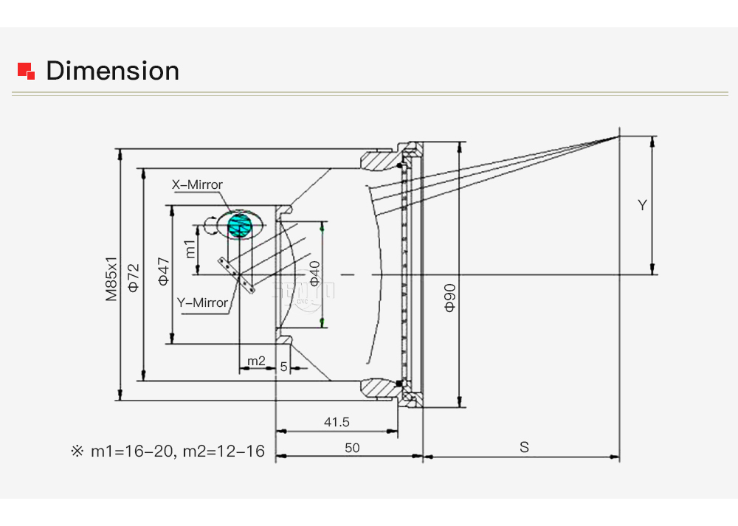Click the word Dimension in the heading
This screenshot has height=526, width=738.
pos(112,71)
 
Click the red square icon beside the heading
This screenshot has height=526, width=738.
pos(26,71)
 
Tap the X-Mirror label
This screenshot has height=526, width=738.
pos(197,184)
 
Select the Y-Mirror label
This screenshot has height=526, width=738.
pos(202,302)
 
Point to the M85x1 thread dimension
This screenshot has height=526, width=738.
pos(111,279)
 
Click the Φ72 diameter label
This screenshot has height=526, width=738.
pos(134,278)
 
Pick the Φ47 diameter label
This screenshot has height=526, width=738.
pos(163,271)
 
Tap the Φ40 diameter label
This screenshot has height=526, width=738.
pos(315,274)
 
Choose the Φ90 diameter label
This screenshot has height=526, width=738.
pos(450,298)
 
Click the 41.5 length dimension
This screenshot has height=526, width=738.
pos(337,422)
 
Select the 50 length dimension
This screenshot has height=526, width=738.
pos(352,448)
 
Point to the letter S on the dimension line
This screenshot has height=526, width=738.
pos(524,447)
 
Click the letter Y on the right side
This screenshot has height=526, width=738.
pos(642,205)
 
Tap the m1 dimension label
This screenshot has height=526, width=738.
pos(190,249)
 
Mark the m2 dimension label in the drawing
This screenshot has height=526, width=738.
pos(256,361)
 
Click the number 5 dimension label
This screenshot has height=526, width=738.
pos(283,367)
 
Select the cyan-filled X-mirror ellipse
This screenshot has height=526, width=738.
pos(240,225)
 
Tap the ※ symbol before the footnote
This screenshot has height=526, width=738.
pos(77,451)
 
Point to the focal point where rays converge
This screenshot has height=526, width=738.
pos(619,136)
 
